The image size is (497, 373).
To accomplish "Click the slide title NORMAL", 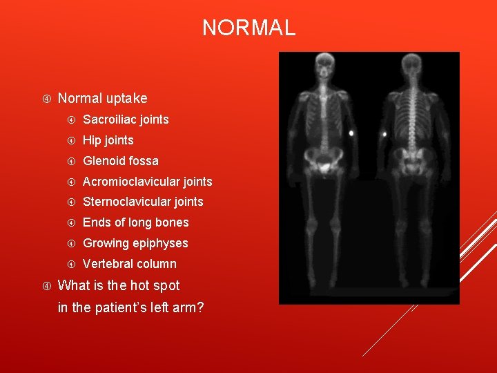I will (x=248, y=28).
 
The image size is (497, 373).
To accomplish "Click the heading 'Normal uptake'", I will (x=102, y=99).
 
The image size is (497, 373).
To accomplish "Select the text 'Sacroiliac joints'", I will (x=126, y=119).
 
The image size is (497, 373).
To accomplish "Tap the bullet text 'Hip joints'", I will (x=108, y=140).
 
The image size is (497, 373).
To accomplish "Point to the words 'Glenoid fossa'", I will (x=120, y=161).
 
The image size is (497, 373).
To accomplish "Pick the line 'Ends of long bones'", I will (x=135, y=222).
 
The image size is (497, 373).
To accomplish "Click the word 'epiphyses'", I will (x=160, y=243).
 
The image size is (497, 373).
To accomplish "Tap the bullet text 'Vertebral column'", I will (x=129, y=264).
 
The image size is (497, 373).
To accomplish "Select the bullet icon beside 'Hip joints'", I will (x=70, y=140).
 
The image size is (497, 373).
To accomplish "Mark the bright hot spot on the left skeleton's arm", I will (x=351, y=132).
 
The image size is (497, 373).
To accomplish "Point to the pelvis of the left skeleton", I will (x=322, y=162).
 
